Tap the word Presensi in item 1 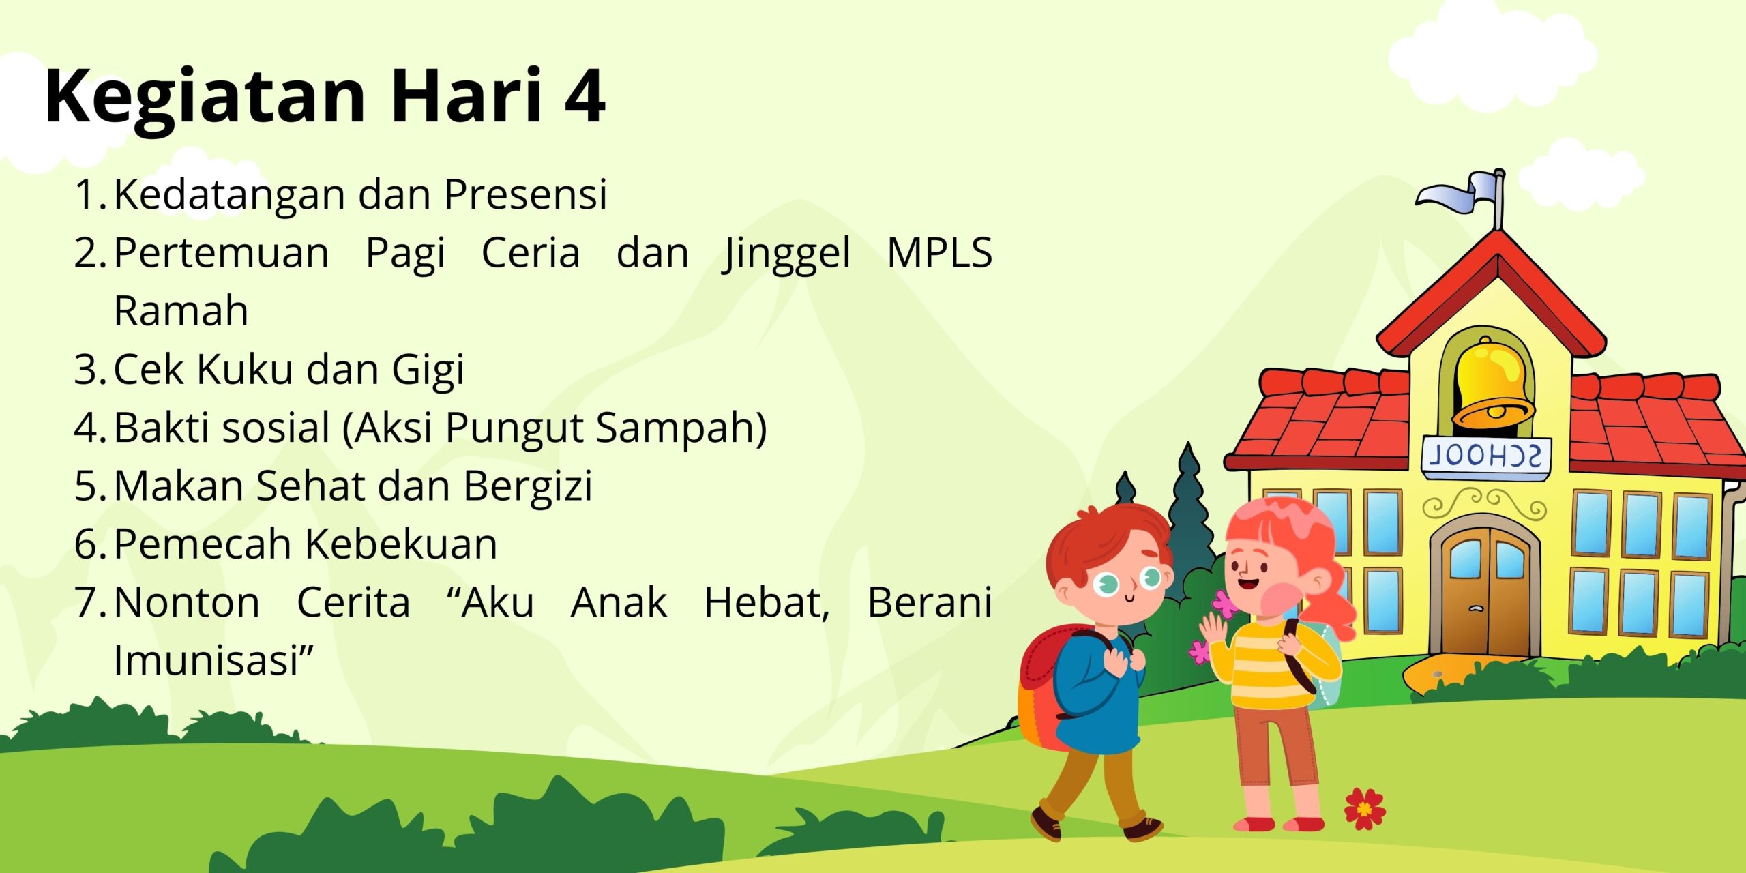[x=525, y=194]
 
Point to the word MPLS [x=939, y=253]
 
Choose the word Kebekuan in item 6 [x=401, y=544]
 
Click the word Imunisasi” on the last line [x=213, y=660]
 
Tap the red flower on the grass [x=1365, y=809]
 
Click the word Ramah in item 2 [x=181, y=312]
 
